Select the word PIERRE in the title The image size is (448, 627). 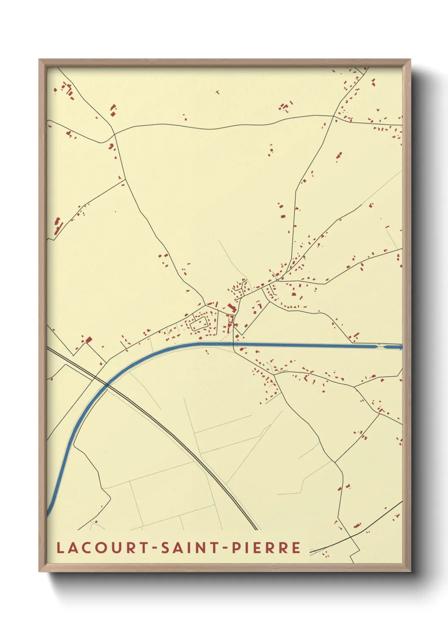(266, 547)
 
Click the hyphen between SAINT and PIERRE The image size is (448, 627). (226, 548)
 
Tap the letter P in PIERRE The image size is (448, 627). (237, 547)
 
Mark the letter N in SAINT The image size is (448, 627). (201, 547)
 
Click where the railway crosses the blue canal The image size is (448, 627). (106, 384)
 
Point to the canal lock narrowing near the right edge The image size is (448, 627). (381, 347)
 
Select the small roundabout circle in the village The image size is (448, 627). (277, 280)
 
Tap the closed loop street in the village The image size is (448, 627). (199, 325)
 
